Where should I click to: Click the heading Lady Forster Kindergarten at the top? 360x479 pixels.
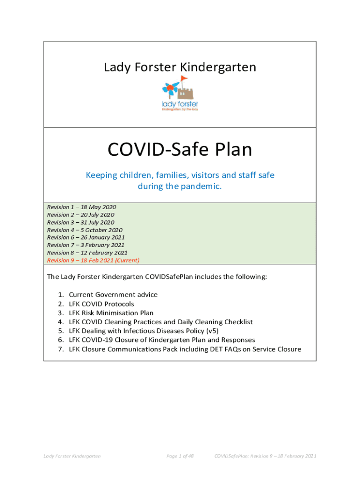[180, 67]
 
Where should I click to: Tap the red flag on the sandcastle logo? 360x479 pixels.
[184, 79]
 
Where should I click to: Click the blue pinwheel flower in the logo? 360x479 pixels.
[169, 87]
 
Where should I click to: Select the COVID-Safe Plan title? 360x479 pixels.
[180, 150]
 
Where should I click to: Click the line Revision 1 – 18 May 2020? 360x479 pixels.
[82, 207]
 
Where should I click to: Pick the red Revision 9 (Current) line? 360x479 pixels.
[93, 261]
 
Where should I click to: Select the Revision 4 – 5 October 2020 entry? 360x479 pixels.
[85, 230]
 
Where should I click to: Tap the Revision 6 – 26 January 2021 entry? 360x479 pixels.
[86, 238]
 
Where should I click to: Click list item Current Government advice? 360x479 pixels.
[113, 295]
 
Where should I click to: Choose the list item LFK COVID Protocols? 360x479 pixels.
[101, 304]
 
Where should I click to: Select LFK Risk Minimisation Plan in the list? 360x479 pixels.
[111, 313]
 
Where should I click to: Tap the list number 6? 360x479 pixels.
[61, 340]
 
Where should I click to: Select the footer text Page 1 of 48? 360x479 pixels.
[180, 456]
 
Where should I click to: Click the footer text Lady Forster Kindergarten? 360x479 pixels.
[72, 456]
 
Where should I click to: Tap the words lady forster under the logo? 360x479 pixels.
[180, 104]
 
